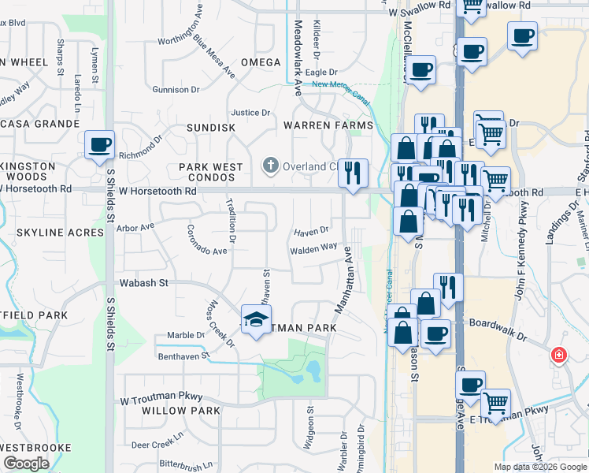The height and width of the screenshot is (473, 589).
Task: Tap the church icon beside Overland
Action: [x=270, y=166]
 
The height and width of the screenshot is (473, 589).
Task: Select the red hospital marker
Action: [x=559, y=356]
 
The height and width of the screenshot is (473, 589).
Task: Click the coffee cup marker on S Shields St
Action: [x=99, y=145]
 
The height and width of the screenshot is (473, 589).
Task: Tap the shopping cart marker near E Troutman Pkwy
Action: [x=495, y=404]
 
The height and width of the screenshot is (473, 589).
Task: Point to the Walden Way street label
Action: [x=313, y=248]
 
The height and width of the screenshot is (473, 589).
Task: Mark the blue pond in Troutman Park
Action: [x=313, y=371]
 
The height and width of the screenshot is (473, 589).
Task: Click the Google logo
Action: [x=26, y=464]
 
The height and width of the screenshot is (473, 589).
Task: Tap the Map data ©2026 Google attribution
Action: [x=539, y=467]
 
